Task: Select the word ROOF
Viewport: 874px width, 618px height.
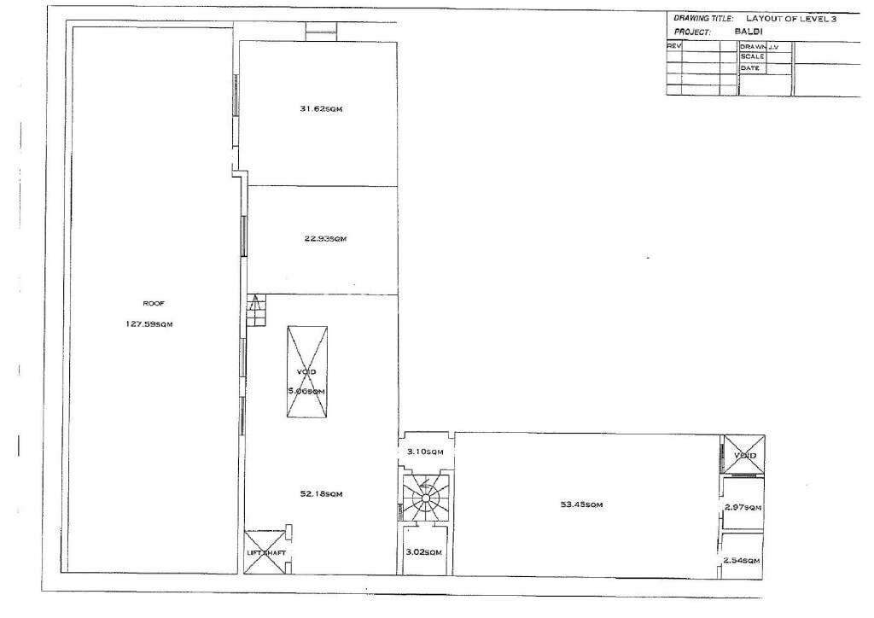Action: click(x=153, y=303)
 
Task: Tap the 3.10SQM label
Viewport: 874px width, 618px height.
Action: click(x=424, y=451)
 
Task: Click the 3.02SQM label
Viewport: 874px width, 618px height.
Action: click(x=423, y=552)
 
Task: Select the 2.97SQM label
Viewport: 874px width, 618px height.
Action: click(x=742, y=508)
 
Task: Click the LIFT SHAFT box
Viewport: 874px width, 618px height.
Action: click(x=265, y=552)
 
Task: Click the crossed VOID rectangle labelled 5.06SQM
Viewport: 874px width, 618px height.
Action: click(x=306, y=371)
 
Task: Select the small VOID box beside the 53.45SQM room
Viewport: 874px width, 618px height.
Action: click(x=743, y=455)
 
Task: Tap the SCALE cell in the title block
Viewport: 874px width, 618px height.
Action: click(x=752, y=56)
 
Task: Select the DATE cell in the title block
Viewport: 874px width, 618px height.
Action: click(x=750, y=67)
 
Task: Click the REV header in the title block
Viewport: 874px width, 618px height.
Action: click(x=673, y=46)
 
